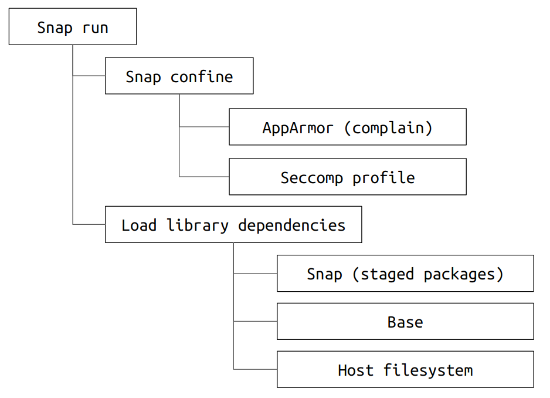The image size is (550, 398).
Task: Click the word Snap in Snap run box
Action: click(55, 28)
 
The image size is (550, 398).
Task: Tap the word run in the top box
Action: click(95, 28)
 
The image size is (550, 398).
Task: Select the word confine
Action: click(202, 76)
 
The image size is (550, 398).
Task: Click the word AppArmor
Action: click(298, 128)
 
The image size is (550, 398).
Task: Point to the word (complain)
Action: click(388, 128)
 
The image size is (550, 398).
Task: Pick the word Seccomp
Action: click(312, 178)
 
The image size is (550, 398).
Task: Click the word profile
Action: click(383, 178)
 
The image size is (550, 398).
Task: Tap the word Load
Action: click(139, 225)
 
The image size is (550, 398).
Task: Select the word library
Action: click(198, 225)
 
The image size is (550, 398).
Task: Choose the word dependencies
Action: click(292, 225)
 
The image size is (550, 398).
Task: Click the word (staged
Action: click(383, 274)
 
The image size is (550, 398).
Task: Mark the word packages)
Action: click(463, 274)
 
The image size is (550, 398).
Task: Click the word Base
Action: click(405, 322)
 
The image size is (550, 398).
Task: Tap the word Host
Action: click(356, 370)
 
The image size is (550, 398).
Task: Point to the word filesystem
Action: click(428, 370)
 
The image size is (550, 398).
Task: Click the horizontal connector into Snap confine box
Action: click(89, 76)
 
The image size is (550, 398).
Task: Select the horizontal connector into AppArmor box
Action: click(204, 126)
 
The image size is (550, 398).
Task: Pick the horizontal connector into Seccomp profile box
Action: click(204, 176)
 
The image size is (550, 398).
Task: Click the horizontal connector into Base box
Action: click(256, 321)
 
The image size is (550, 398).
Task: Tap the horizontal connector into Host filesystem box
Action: click(256, 369)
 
